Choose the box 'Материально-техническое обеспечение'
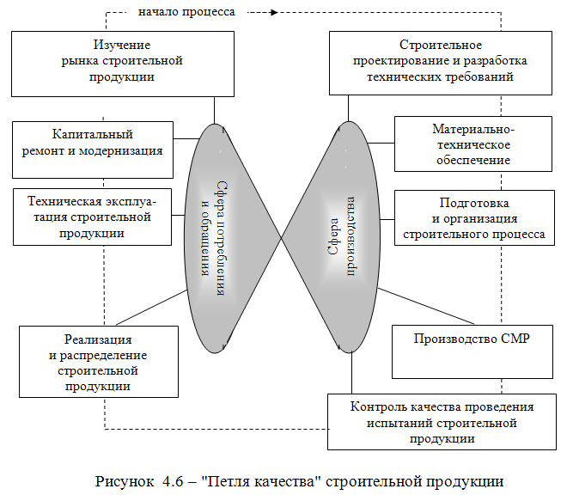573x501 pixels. tap(472, 144)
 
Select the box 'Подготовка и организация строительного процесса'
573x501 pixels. tap(472, 218)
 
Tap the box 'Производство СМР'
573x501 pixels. tap(472, 351)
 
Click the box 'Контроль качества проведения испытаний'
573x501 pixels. tap(442, 421)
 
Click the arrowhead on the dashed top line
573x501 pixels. tap(272, 12)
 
